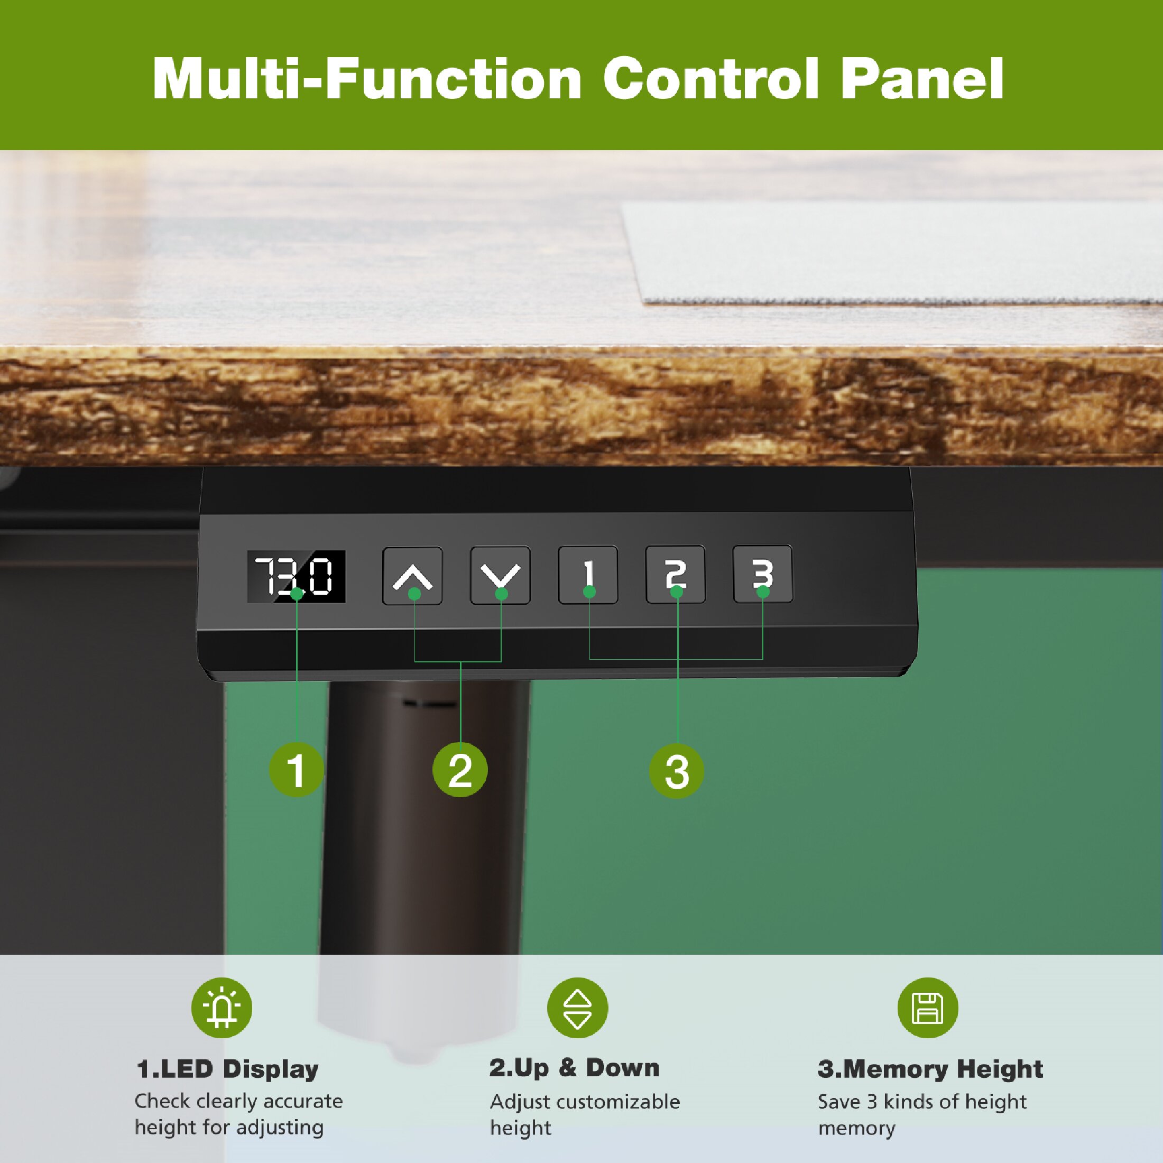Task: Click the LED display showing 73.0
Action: pos(296,576)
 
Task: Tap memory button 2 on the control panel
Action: pos(676,574)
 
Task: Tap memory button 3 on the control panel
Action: pos(763,573)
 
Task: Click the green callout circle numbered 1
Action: pos(296,770)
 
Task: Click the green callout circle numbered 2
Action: pos(460,770)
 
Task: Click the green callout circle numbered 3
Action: pos(677,771)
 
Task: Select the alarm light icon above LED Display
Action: pos(221,1008)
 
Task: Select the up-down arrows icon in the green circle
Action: pos(577,1008)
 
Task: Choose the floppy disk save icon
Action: pos(928,1008)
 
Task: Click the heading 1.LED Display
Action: pos(227,1068)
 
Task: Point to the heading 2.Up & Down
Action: pos(574,1067)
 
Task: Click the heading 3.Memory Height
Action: pos(930,1068)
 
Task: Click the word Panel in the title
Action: pos(922,78)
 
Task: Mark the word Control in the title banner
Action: pos(711,78)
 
